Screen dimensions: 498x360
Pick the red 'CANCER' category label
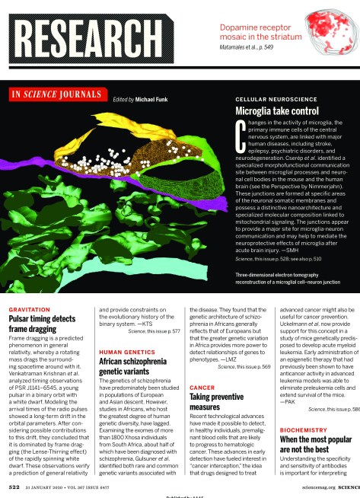201,388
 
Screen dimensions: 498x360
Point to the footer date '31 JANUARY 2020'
48,484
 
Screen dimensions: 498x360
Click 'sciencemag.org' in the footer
314,484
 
